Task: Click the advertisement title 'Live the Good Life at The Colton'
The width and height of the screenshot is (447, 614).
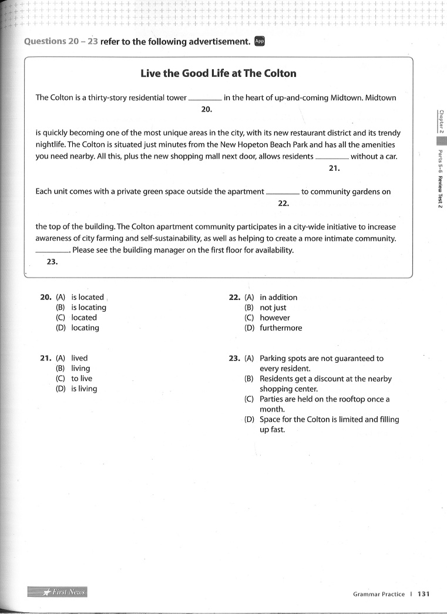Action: tap(219, 73)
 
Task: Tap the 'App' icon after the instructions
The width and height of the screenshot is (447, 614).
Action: tap(260, 41)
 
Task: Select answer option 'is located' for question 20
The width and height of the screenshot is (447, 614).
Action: tap(87, 297)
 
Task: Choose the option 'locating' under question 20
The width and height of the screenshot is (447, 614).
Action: tap(85, 328)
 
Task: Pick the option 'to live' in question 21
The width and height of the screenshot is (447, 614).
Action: tap(82, 379)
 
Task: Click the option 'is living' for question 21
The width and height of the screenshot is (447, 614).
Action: tap(84, 389)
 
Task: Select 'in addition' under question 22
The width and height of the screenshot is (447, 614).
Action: tap(278, 297)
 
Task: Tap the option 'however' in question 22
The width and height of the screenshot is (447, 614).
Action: tap(274, 318)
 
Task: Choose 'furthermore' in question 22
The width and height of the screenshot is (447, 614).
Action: tap(281, 328)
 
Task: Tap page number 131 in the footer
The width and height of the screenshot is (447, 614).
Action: tap(424, 594)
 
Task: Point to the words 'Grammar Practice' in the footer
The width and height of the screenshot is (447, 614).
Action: tap(378, 594)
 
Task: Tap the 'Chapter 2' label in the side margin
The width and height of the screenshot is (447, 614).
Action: tap(441, 122)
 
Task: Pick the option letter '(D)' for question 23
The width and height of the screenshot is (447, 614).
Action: tap(249, 419)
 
